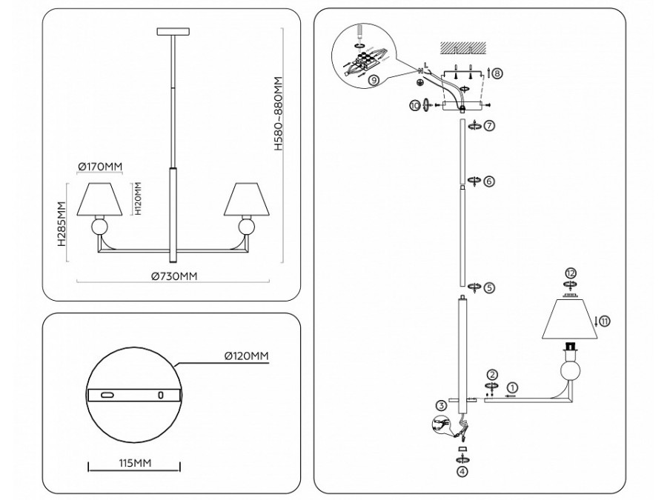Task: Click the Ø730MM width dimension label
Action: tap(174, 276)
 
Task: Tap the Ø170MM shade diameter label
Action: tap(100, 166)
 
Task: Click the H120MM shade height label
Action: tap(139, 198)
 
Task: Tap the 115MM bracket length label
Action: tap(135, 464)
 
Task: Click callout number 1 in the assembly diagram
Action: tap(514, 386)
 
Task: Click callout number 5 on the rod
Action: tap(489, 286)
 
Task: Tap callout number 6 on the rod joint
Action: tap(489, 181)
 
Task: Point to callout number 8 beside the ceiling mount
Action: tap(497, 73)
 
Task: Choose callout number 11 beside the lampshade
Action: tap(605, 321)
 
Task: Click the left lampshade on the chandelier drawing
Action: tap(100, 198)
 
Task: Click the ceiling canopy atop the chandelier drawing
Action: tap(173, 31)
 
